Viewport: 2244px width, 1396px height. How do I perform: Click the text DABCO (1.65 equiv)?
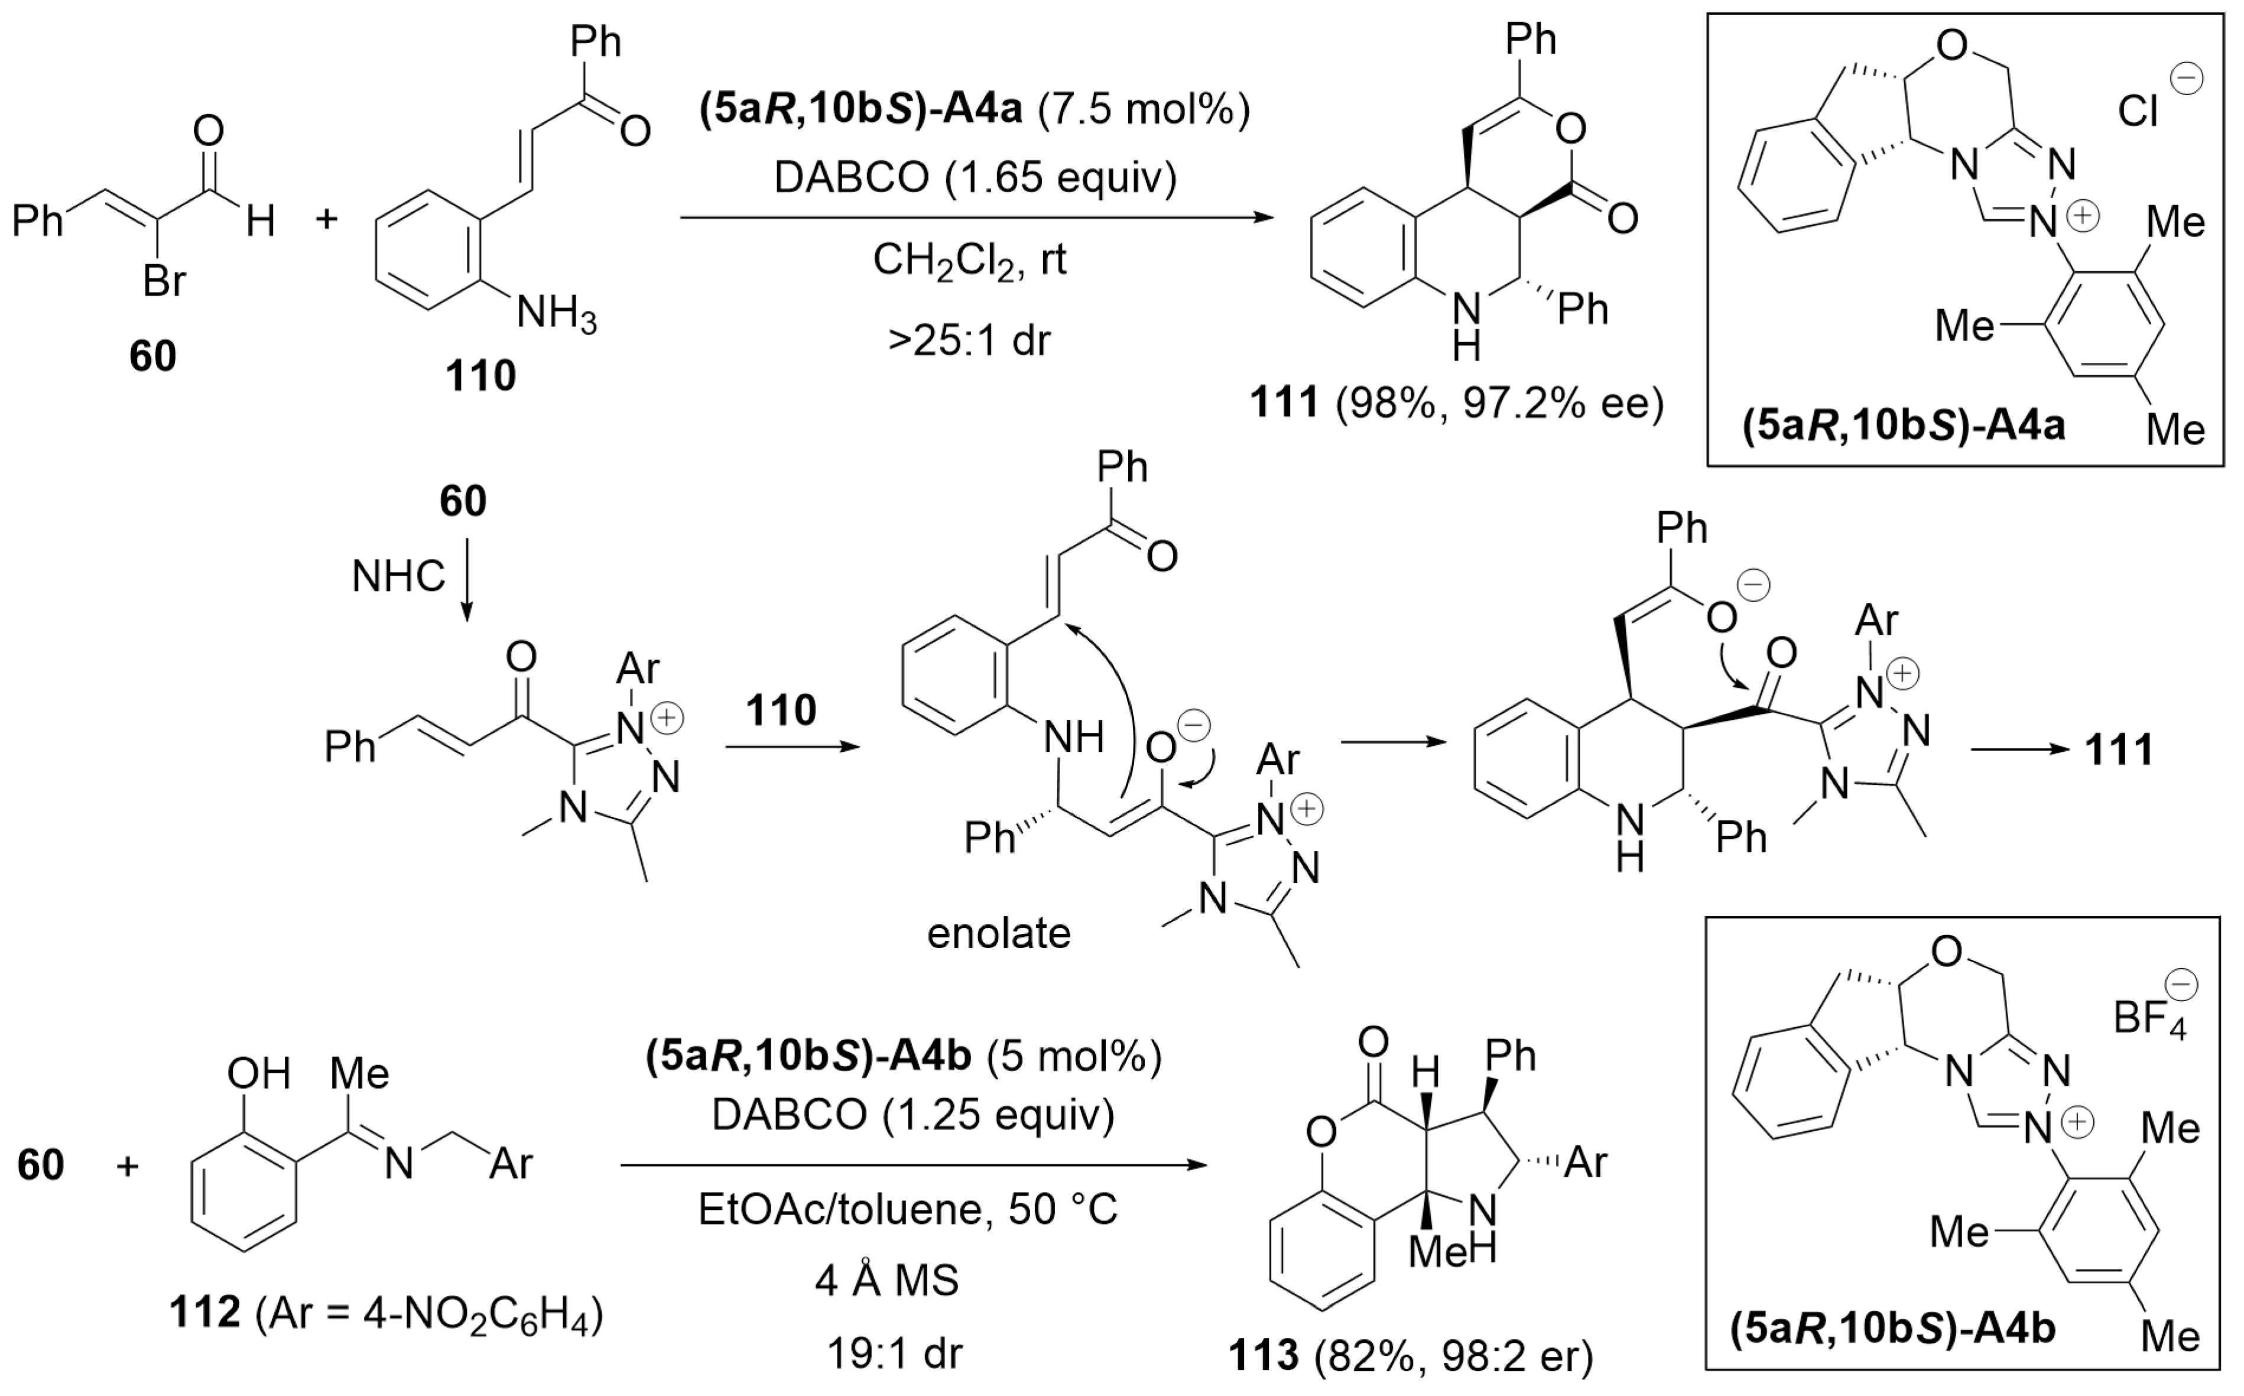(x=975, y=177)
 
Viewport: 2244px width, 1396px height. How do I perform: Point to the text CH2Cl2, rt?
(x=969, y=261)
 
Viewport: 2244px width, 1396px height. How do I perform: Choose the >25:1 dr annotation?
(x=969, y=340)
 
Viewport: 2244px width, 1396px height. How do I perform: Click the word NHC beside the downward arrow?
(x=399, y=577)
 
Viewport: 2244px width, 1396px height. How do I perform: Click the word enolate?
(x=999, y=933)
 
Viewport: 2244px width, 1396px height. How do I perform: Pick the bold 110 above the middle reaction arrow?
(x=781, y=710)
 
